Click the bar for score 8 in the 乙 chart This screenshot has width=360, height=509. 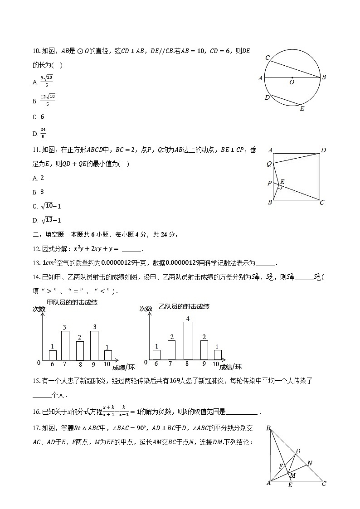click(x=188, y=340)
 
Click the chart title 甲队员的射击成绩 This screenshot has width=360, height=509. click(x=73, y=302)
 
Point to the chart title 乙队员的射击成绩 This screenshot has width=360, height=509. click(x=184, y=306)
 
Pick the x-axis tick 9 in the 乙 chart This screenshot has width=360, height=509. click(x=204, y=364)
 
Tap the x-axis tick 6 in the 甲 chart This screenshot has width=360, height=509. click(x=53, y=364)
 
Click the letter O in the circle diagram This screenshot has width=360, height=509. click(x=292, y=83)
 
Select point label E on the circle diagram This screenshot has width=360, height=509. click(x=302, y=109)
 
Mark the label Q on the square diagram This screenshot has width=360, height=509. click(x=269, y=164)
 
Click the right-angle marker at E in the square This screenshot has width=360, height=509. click(x=281, y=187)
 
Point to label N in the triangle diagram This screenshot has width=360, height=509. click(x=310, y=463)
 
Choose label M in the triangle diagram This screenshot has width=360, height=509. click(x=293, y=475)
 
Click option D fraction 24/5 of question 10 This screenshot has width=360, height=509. click(x=43, y=133)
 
